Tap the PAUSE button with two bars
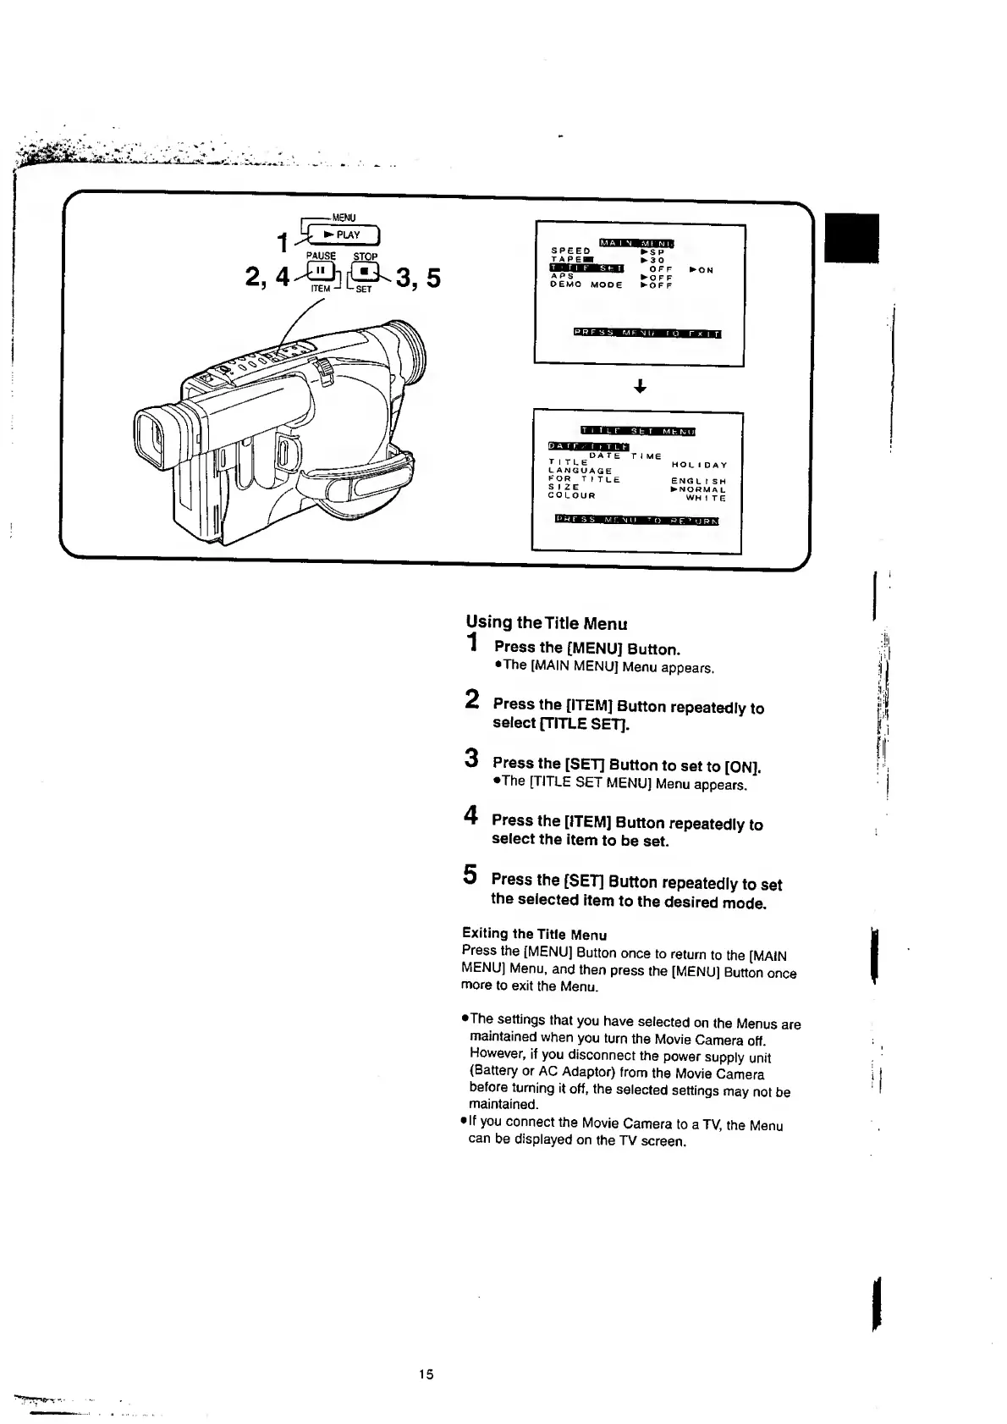coord(322,272)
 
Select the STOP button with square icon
coord(365,272)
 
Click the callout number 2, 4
coord(267,277)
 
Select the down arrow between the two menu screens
coord(640,387)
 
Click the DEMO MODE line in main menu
coord(586,285)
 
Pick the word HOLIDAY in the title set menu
coord(699,465)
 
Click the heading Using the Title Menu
coord(547,623)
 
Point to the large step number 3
coord(473,758)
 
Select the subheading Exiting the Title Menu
coord(534,934)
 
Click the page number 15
coord(426,1374)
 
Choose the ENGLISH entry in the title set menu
coord(698,481)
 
